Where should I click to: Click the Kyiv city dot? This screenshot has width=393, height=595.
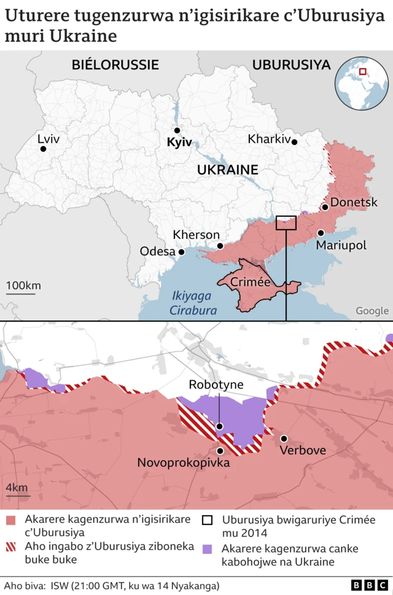[x=177, y=130]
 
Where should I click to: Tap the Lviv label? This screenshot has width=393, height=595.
[x=49, y=139]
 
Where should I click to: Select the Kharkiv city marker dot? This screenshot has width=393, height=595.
[x=295, y=142]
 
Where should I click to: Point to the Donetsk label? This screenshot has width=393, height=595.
[x=354, y=202]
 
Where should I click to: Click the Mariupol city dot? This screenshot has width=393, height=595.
[x=321, y=233]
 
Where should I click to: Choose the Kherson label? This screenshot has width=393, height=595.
[x=196, y=235]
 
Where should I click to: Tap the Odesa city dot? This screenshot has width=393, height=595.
[x=181, y=252]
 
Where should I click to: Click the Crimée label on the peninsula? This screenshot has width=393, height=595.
[x=250, y=282]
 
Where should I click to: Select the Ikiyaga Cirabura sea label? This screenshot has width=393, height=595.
[x=194, y=304]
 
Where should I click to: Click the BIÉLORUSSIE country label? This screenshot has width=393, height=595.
[x=115, y=64]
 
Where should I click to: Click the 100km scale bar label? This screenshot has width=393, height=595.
[x=23, y=286]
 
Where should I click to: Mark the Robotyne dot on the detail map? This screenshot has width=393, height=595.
[x=219, y=426]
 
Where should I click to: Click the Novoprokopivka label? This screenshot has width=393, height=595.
[x=183, y=462]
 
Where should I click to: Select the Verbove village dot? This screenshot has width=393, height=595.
[x=284, y=438]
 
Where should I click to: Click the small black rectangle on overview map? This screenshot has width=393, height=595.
[x=286, y=222]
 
